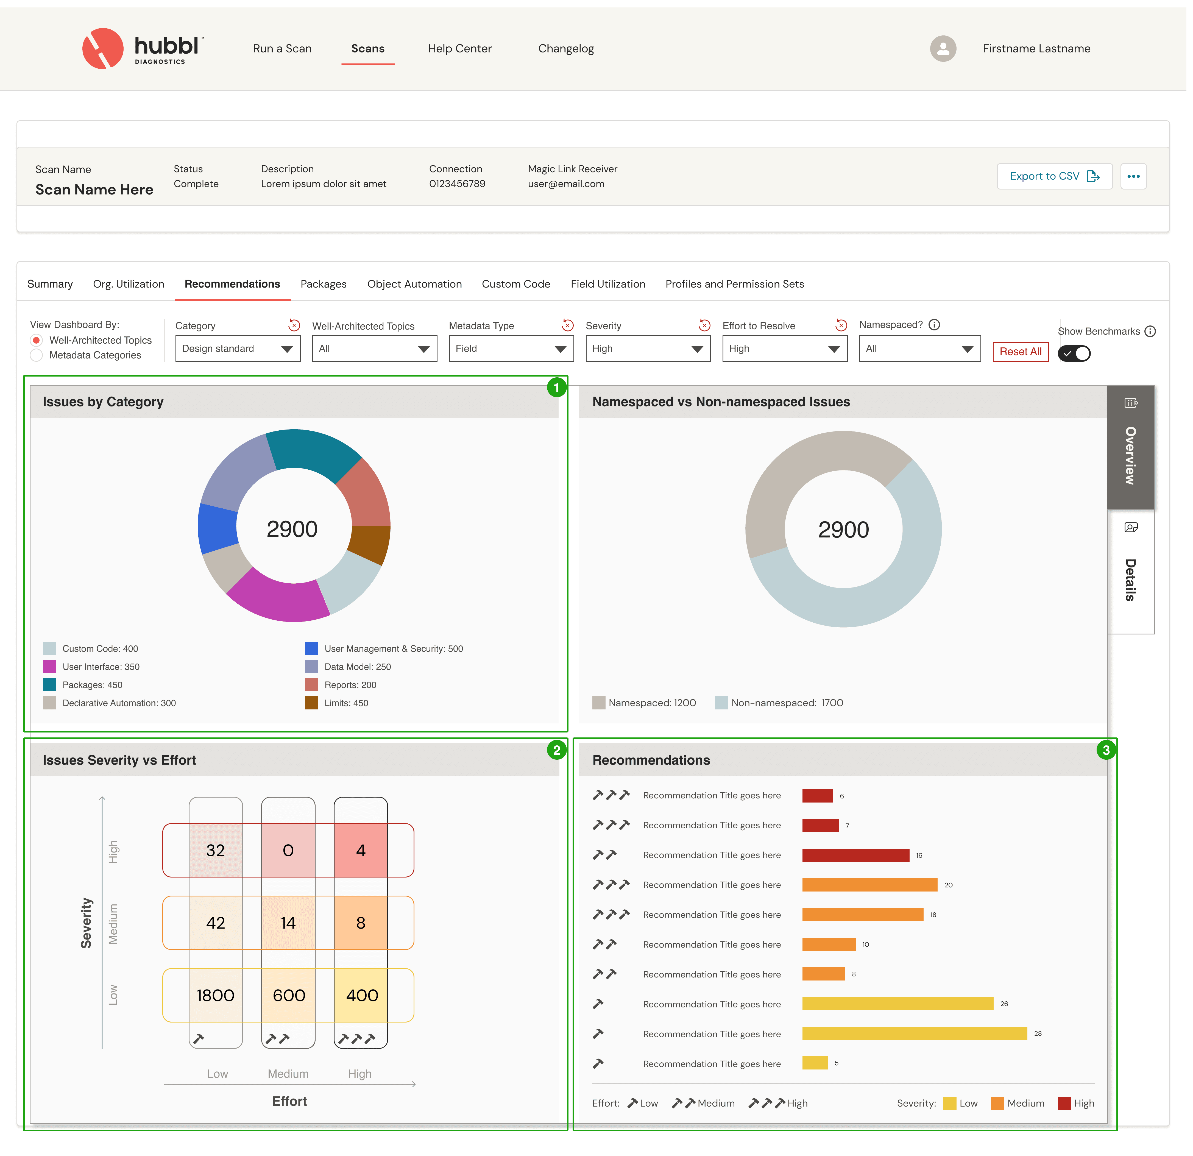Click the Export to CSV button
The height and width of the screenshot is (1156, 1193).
(1054, 177)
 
